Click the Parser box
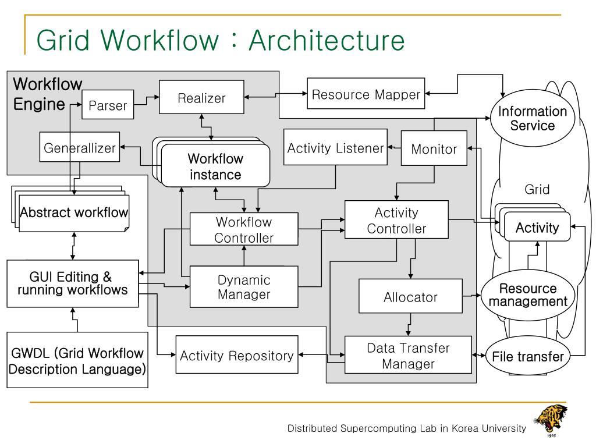tap(108, 105)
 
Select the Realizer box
tap(201, 97)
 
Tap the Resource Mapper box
tap(366, 94)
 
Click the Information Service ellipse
tap(532, 118)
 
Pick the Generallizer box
tap(79, 147)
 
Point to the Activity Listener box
tap(335, 147)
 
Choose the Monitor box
tap(434, 148)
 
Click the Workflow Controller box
tap(244, 229)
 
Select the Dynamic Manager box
tap(244, 286)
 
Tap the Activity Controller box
tap(396, 219)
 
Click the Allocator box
tap(410, 296)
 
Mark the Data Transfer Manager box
tap(408, 354)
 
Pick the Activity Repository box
tap(237, 354)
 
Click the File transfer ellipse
tap(527, 356)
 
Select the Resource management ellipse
tap(527, 295)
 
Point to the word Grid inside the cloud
tap(537, 189)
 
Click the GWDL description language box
tap(77, 360)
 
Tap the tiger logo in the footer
tap(551, 420)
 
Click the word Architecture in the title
tap(327, 40)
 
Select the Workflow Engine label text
tap(48, 94)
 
